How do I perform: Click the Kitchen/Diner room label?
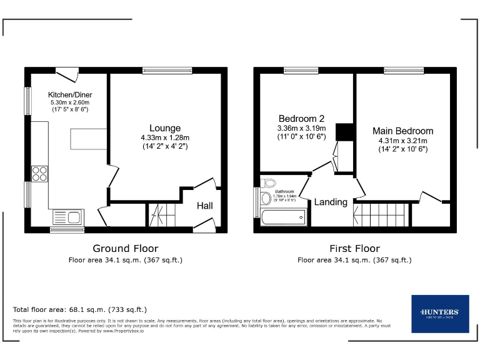coord(69,95)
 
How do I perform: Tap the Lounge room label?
coord(165,128)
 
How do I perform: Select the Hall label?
coord(206,206)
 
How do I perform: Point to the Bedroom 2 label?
coord(302,119)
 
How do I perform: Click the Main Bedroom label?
coord(402,131)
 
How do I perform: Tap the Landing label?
coord(330,202)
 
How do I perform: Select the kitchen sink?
coord(66,218)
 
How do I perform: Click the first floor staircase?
coord(382,215)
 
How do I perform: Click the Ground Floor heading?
coord(126,248)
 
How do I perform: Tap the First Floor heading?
coord(354,248)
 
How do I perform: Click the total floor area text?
coord(80,309)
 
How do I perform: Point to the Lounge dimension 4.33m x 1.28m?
coord(165,137)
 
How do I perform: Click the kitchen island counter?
coord(86,138)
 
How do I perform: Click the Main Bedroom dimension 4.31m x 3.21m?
coord(402,141)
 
